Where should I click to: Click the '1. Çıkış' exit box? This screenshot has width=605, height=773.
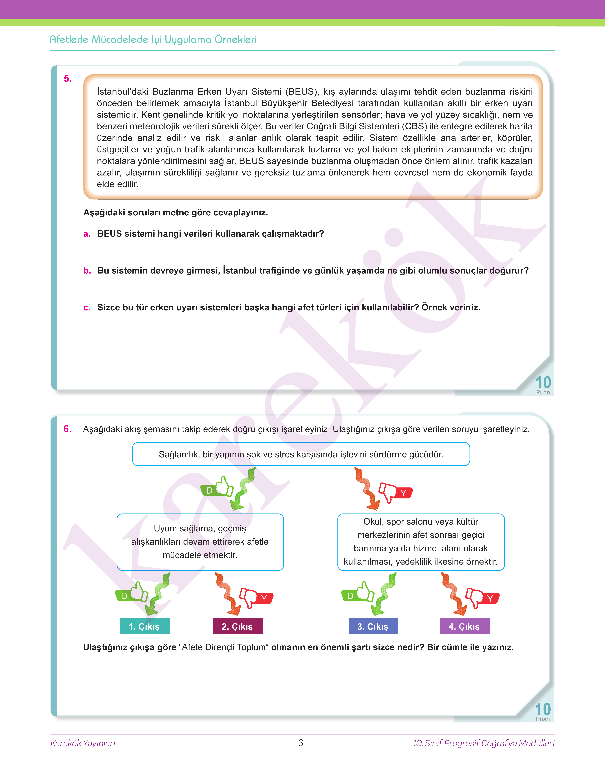(x=145, y=626)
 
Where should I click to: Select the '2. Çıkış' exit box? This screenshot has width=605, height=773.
(x=238, y=626)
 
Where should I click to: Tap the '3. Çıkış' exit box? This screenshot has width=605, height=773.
(x=373, y=626)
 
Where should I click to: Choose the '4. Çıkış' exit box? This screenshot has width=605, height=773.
(x=464, y=626)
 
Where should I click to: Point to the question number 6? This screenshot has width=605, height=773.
(x=67, y=429)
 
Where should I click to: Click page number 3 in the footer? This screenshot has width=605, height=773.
(x=301, y=743)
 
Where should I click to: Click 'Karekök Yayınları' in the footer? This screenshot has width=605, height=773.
(x=83, y=743)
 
